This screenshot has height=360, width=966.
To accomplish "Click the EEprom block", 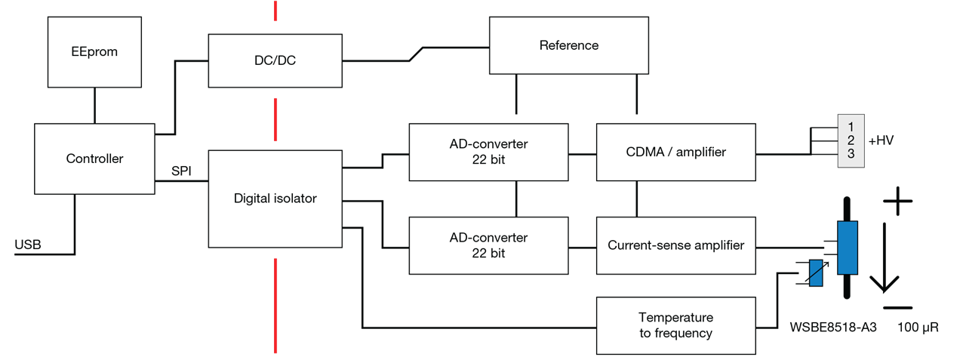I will coord(95,52).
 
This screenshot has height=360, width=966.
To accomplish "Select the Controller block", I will coord(94,159).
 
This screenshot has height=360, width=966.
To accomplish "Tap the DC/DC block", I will coord(275,61).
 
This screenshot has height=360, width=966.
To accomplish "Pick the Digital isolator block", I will coord(275,198).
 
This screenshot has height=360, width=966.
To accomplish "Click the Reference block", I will coord(569,45).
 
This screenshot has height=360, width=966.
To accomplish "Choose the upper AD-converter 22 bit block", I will coord(489,152).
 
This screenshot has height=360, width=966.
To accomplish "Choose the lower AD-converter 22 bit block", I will coord(489,245).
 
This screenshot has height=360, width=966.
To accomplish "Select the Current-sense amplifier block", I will coord(675,245).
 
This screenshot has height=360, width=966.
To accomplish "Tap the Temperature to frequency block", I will coord(675,325).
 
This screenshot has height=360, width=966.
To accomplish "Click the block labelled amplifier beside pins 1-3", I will coord(675,152).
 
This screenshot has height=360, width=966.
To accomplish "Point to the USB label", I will coord(27,245).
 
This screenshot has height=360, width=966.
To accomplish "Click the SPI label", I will coord(182,172).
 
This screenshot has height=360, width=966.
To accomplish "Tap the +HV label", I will coord(881,141).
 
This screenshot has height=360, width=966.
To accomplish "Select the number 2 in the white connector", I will coord(851,141).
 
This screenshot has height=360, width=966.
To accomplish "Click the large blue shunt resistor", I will coord(848,248).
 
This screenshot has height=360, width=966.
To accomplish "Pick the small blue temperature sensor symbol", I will coord(815,273).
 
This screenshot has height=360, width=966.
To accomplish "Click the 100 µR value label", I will coord(918,328).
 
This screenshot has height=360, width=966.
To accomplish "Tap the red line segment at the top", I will coord(276,11).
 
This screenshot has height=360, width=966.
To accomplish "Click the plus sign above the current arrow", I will coord(897,201).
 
